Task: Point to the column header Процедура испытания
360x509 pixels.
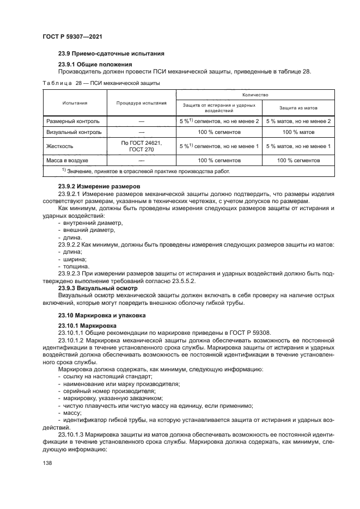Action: click(x=141, y=102)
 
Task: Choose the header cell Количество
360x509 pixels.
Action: click(x=255, y=94)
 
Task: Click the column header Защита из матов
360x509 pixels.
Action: click(x=298, y=108)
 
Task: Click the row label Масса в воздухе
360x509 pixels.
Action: click(x=68, y=161)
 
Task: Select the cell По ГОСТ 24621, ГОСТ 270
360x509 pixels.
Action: click(x=141, y=146)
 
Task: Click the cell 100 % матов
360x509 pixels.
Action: click(x=298, y=132)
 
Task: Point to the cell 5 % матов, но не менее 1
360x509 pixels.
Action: click(x=298, y=146)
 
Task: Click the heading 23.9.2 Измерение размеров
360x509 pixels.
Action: click(x=96, y=187)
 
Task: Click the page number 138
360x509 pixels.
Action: click(x=47, y=462)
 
